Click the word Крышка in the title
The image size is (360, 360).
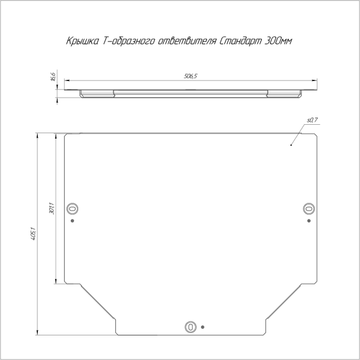[x=83, y=41]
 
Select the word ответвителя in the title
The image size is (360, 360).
[x=187, y=41]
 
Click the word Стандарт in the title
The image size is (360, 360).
[x=241, y=41]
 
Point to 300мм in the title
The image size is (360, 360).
[x=278, y=41]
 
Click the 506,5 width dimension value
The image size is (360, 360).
[x=191, y=76]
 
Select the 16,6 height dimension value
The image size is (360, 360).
[x=53, y=77]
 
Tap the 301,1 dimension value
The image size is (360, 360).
[x=52, y=208]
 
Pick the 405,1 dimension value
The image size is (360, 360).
[x=33, y=233]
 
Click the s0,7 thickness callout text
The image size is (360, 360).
[x=312, y=120]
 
